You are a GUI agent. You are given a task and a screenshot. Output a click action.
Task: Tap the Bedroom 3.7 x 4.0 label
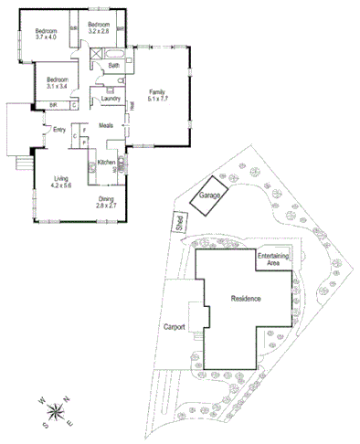(46, 33)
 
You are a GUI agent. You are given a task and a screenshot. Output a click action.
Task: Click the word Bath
(112, 66)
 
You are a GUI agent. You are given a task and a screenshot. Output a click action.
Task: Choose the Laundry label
(111, 98)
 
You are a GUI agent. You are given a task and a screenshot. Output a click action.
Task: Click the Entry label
(59, 129)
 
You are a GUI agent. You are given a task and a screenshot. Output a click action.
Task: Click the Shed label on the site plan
(179, 222)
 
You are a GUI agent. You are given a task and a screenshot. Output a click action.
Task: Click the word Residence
(246, 299)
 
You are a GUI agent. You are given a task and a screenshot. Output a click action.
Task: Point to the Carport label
(175, 326)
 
